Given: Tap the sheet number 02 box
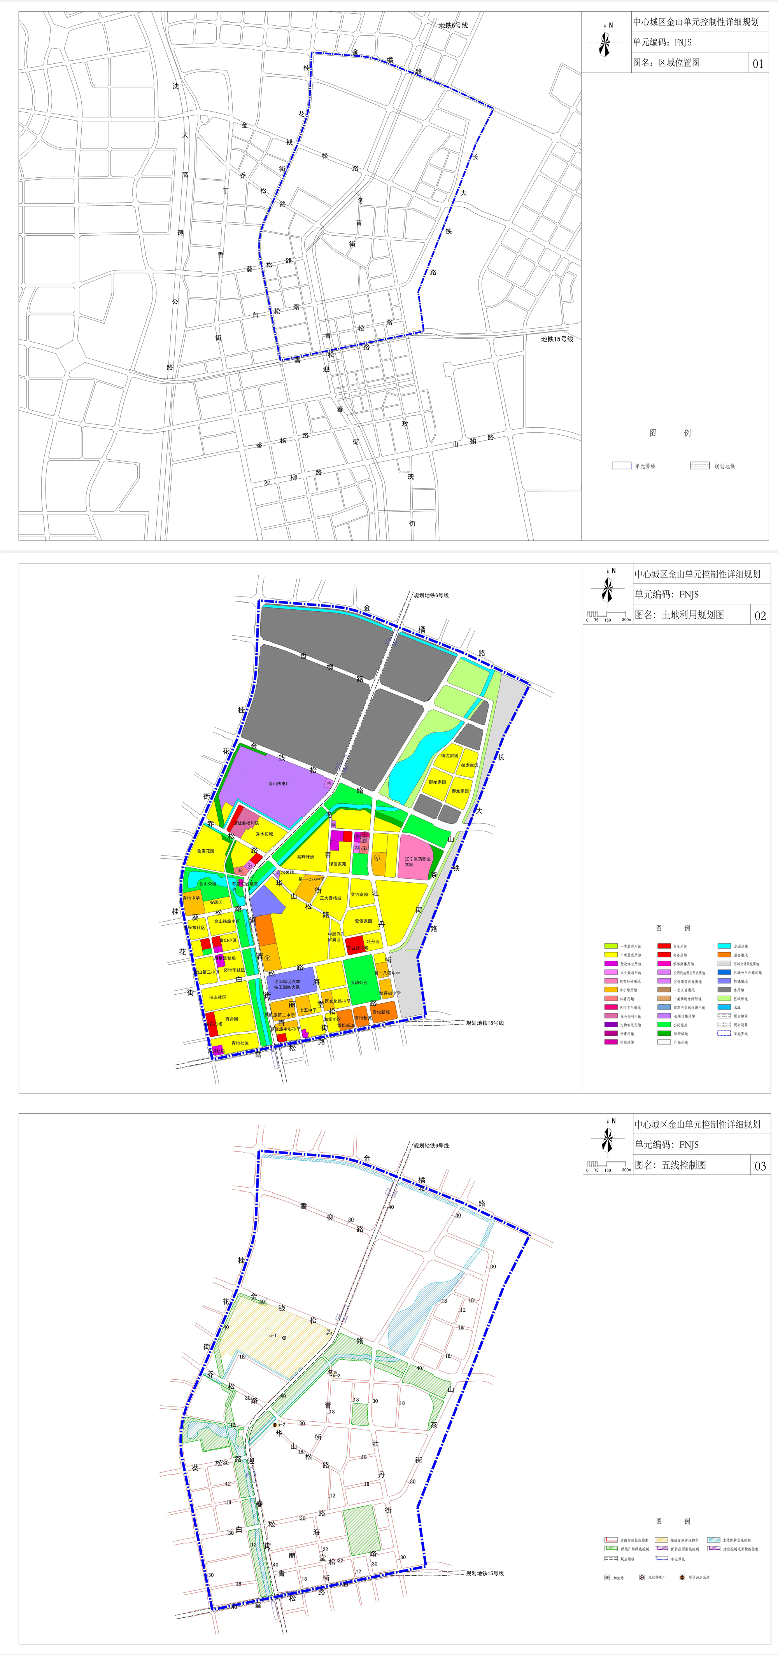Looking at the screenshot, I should pos(760,616).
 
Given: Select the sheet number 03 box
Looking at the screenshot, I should pos(760,1166).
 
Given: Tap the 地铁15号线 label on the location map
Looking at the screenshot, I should pos(556,339).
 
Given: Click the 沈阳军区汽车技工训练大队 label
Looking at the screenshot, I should pos(287,984).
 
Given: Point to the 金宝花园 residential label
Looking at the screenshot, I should pos(205,850).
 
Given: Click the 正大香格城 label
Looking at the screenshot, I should pos(331,898).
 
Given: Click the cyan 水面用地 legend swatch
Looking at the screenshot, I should pos(724,946).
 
